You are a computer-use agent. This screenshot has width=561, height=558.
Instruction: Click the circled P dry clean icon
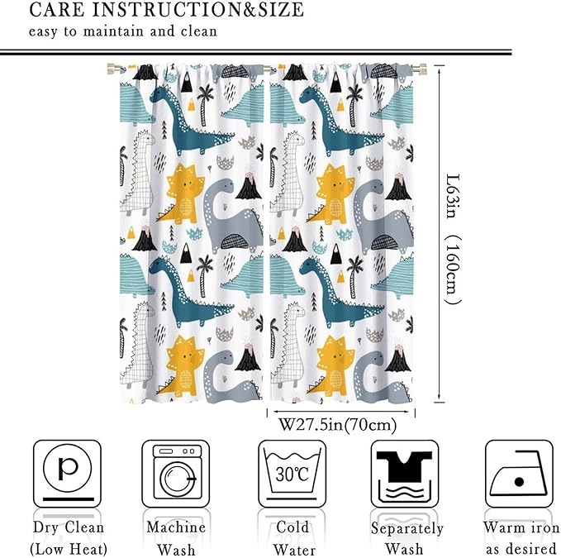[x=67, y=473]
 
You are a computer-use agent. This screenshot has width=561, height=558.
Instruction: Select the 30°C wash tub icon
[x=292, y=473]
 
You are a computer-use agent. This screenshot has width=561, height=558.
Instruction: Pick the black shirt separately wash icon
[x=404, y=473]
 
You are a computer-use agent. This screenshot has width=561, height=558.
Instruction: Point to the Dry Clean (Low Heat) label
[x=68, y=538]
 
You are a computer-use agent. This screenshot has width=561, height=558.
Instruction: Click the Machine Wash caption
[x=176, y=538]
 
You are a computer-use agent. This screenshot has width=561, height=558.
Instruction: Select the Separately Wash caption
[x=406, y=538]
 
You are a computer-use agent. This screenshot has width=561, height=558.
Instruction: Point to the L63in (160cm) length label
[x=450, y=240]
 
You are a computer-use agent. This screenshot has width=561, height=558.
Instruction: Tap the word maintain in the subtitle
[x=96, y=32]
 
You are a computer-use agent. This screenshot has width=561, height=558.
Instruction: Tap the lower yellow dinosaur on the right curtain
[x=333, y=363]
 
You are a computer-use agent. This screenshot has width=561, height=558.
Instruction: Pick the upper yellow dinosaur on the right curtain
[x=333, y=193]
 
